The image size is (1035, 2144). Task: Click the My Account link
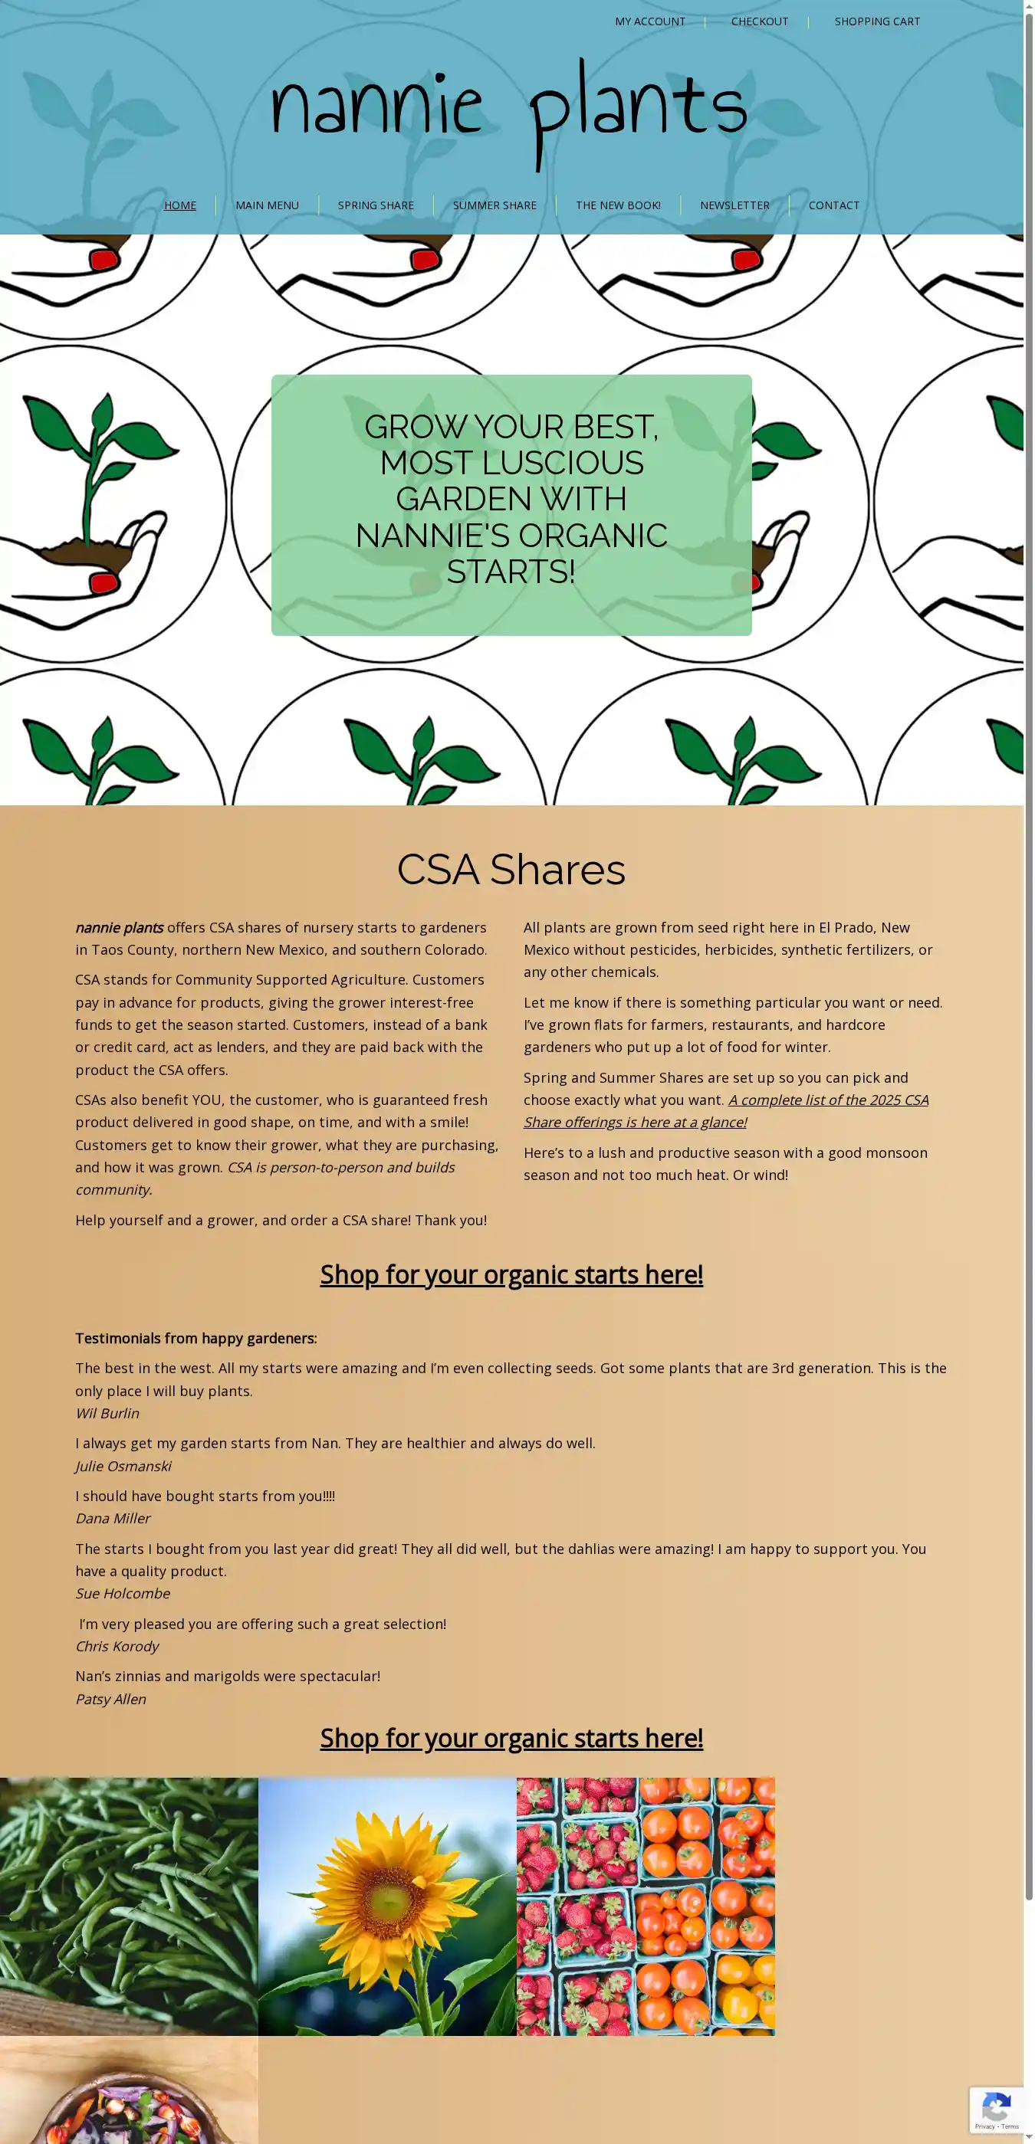pyautogui.click(x=649, y=21)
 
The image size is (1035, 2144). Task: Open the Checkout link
pyautogui.click(x=758, y=21)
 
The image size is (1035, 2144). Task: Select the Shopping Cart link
pyautogui.click(x=877, y=21)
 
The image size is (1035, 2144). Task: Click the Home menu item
pyautogui.click(x=180, y=205)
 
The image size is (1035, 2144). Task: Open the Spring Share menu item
pyautogui.click(x=376, y=205)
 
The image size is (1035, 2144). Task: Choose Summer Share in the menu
pyautogui.click(x=495, y=205)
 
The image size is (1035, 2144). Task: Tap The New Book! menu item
pyautogui.click(x=618, y=205)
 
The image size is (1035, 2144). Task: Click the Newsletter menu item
pyautogui.click(x=734, y=205)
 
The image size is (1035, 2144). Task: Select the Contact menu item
pyautogui.click(x=833, y=205)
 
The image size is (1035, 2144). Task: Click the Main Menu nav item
pyautogui.click(x=267, y=205)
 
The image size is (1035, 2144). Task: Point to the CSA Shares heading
pyautogui.click(x=511, y=869)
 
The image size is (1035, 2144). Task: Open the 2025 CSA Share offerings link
pyautogui.click(x=724, y=1111)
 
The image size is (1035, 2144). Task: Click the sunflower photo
pyautogui.click(x=387, y=1906)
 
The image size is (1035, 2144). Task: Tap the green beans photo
pyautogui.click(x=129, y=1906)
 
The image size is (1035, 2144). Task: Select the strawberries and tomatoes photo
pyautogui.click(x=646, y=1906)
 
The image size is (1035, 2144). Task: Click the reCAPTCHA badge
pyautogui.click(x=997, y=2110)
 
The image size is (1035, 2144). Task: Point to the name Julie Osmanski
pyautogui.click(x=123, y=1466)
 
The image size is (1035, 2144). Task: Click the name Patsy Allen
pyautogui.click(x=110, y=1699)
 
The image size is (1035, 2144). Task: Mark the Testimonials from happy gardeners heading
pyautogui.click(x=195, y=1339)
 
